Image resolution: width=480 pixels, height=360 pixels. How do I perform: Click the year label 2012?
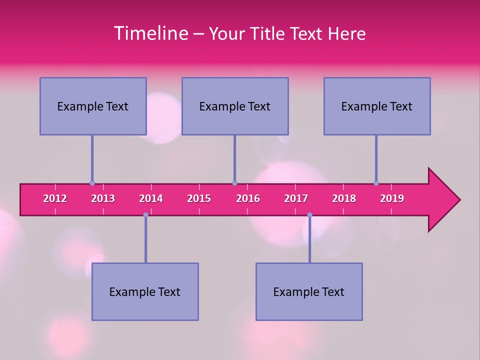point(55,198)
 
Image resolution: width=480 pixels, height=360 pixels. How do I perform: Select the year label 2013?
point(103,198)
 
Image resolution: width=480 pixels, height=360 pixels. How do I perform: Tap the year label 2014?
point(151,198)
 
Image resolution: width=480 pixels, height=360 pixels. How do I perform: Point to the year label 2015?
point(199,198)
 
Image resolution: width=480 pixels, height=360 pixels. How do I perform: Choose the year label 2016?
point(248,198)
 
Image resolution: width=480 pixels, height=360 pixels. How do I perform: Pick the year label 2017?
point(296,198)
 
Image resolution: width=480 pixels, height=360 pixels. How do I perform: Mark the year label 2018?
point(344,198)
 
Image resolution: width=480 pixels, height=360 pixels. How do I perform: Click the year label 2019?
point(392,198)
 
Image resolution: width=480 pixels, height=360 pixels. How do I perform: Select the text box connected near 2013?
point(93,106)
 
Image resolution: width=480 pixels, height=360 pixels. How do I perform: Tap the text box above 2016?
point(235,106)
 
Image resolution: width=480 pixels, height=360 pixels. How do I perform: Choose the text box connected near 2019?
point(377,106)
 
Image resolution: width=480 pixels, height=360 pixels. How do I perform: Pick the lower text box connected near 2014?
point(145,291)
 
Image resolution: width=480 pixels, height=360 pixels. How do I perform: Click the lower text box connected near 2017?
point(309,291)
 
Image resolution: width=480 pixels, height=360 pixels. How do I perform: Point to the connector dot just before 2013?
point(92,183)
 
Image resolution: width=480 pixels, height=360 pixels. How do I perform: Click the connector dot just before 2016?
point(234,183)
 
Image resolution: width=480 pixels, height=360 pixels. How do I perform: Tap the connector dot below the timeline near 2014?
point(145,215)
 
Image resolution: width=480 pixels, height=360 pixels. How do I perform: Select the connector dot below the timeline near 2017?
point(309,215)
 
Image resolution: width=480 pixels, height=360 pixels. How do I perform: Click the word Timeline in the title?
point(150,33)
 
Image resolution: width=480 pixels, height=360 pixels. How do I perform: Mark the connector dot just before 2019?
point(376,183)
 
